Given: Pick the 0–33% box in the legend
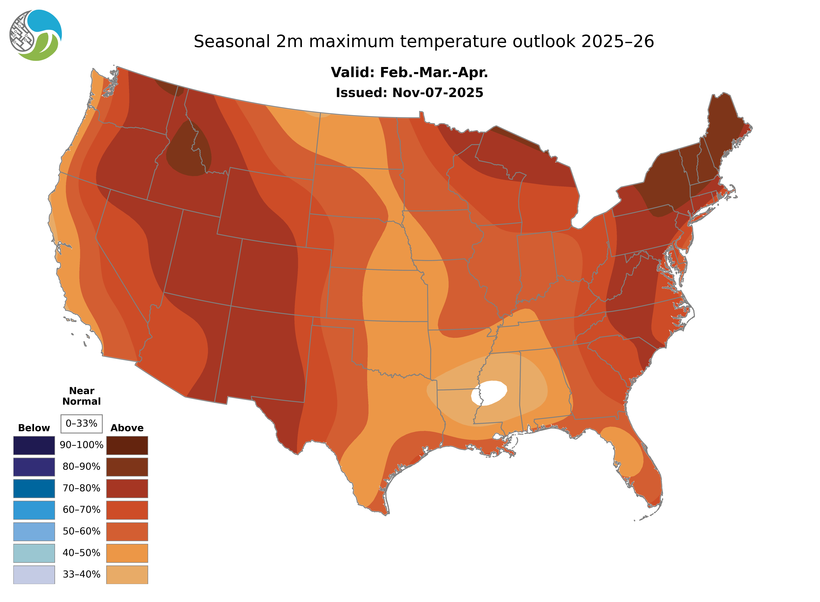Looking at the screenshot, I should (x=81, y=424).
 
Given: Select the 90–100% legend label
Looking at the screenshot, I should (x=81, y=445).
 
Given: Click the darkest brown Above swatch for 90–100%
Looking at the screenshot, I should (x=127, y=445).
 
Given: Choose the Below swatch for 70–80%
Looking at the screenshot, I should (x=34, y=488).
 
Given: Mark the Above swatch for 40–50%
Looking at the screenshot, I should (x=127, y=553).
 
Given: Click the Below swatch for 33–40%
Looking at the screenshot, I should (x=34, y=574).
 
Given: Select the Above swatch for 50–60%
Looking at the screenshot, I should (x=127, y=531).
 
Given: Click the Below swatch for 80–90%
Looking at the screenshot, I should (x=34, y=467).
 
